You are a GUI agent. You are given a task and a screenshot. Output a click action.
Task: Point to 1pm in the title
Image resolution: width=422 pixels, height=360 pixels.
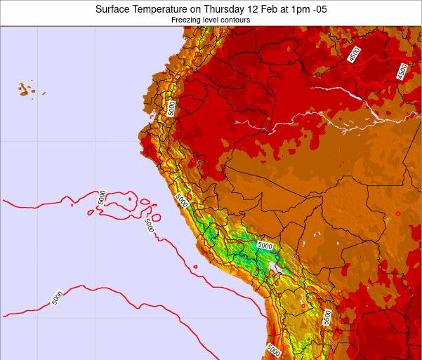click(298, 9)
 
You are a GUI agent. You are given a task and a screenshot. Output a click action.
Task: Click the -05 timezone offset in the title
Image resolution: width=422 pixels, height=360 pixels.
click(319, 9)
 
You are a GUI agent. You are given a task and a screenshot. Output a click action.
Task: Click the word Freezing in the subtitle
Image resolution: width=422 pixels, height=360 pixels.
click(185, 20)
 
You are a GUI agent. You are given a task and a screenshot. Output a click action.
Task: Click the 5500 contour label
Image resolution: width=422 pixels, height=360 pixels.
click(327, 318)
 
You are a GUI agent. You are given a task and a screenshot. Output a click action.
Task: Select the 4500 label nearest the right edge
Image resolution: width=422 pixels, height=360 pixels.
click(402, 71)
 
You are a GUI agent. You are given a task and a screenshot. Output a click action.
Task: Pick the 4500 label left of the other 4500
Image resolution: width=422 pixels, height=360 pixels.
click(353, 54)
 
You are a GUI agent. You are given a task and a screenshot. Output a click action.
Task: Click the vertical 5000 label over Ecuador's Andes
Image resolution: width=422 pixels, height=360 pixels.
click(171, 107)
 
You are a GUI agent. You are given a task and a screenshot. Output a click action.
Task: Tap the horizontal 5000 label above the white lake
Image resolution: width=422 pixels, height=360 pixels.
click(265, 246)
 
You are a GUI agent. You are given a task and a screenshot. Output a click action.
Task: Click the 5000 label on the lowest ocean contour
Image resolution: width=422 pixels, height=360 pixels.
click(57, 298)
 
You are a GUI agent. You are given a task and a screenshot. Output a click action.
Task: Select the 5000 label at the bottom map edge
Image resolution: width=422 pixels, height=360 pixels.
click(273, 349)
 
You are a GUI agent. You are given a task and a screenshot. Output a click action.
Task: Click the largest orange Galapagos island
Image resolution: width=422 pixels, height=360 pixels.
click(25, 90)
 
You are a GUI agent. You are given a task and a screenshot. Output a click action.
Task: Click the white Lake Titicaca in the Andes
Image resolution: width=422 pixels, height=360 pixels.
click(272, 267)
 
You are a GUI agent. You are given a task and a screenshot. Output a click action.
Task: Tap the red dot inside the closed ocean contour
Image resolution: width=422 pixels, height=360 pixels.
click(131, 199)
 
